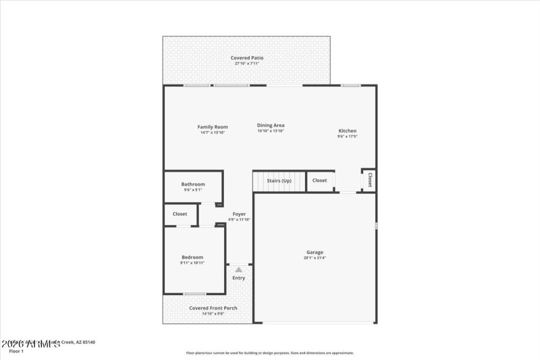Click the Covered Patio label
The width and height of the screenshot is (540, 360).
pos(247,58)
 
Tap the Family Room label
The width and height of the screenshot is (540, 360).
pos(213,127)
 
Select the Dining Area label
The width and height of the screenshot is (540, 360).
pos(271,125)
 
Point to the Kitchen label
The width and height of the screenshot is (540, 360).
pos(348,131)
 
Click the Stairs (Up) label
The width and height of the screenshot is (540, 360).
pos(279,180)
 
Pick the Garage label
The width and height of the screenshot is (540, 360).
pos(315,253)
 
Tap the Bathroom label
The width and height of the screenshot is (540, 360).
pos(193,184)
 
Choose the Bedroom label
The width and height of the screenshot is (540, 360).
pos(192,257)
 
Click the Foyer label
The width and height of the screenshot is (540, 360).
pos(239,214)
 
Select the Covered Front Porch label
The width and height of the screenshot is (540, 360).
pos(213,308)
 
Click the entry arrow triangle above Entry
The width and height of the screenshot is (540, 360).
pos(238,269)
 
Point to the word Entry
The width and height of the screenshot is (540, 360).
pos(239,278)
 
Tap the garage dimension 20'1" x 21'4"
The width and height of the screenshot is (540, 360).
pos(315,257)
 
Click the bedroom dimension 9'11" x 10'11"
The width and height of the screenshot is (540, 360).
pos(192,262)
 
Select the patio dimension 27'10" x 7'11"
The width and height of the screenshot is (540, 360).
pos(247,63)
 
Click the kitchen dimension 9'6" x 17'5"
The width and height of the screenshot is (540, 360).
pos(348,136)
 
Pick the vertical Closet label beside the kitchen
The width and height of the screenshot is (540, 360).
pos(370,180)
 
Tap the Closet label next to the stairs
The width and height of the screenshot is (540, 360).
pos(320,180)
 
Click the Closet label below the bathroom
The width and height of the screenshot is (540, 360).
pos(180,214)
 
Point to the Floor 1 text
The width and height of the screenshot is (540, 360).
pos(16,351)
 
